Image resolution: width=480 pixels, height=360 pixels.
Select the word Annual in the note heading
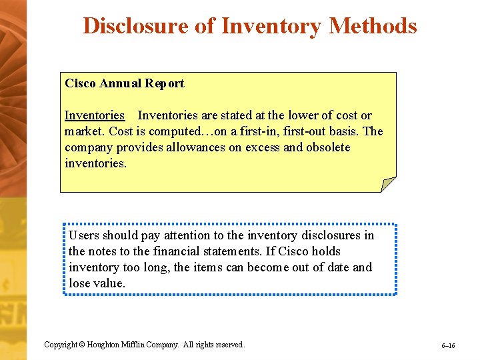pos(121,83)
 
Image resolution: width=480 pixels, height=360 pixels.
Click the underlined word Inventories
pos(95,115)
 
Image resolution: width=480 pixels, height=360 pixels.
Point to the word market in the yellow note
pos(84,131)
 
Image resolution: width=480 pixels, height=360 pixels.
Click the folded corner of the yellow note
pos(387,185)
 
